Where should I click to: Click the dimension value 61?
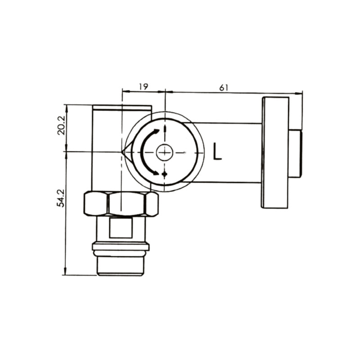224,88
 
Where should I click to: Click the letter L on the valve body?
217,152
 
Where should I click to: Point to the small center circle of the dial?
165,153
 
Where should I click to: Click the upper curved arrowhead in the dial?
156,131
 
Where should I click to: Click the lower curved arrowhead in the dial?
156,172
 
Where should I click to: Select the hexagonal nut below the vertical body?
121,204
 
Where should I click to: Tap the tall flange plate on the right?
275,153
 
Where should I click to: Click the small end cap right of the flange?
295,153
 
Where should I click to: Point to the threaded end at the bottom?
121,266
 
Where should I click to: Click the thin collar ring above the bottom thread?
121,247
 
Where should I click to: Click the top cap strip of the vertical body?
122,108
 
